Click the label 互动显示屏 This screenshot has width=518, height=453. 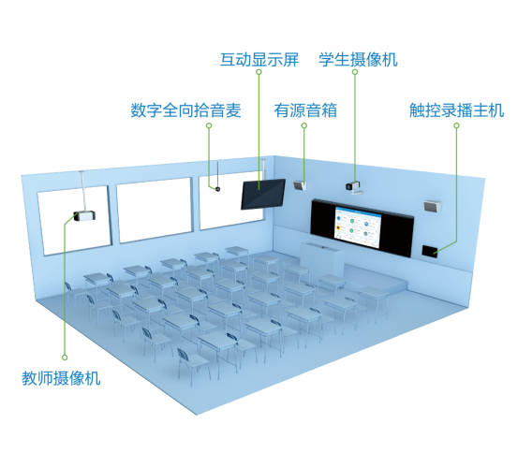coord(259,60)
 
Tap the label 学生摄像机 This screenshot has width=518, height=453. coord(358,60)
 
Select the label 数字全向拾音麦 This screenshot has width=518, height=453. coord(185,110)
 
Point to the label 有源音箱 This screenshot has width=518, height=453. coord(305,110)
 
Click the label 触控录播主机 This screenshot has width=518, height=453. coord(456,110)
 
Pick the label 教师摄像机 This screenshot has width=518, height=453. coord(61,378)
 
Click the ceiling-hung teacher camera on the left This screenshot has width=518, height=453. coord(84,216)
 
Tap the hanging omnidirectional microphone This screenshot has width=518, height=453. coord(217,189)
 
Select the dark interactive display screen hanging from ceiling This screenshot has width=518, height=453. coord(263,194)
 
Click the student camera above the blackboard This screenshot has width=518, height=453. coord(354,187)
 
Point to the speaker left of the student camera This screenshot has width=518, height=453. coord(300,185)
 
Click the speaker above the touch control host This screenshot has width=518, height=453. coord(432,206)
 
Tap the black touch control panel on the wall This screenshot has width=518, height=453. coord(429,252)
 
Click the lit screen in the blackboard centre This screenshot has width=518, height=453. coord(358,227)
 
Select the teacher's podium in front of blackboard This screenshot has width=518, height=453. coord(322,258)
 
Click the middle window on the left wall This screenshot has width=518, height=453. coord(155,210)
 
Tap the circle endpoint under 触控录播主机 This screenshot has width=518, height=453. coord(456,125)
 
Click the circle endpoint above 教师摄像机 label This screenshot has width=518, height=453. coord(65,358)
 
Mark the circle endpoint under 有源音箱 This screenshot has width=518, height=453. coord(304,125)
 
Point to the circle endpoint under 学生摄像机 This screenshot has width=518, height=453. coord(355,72)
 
